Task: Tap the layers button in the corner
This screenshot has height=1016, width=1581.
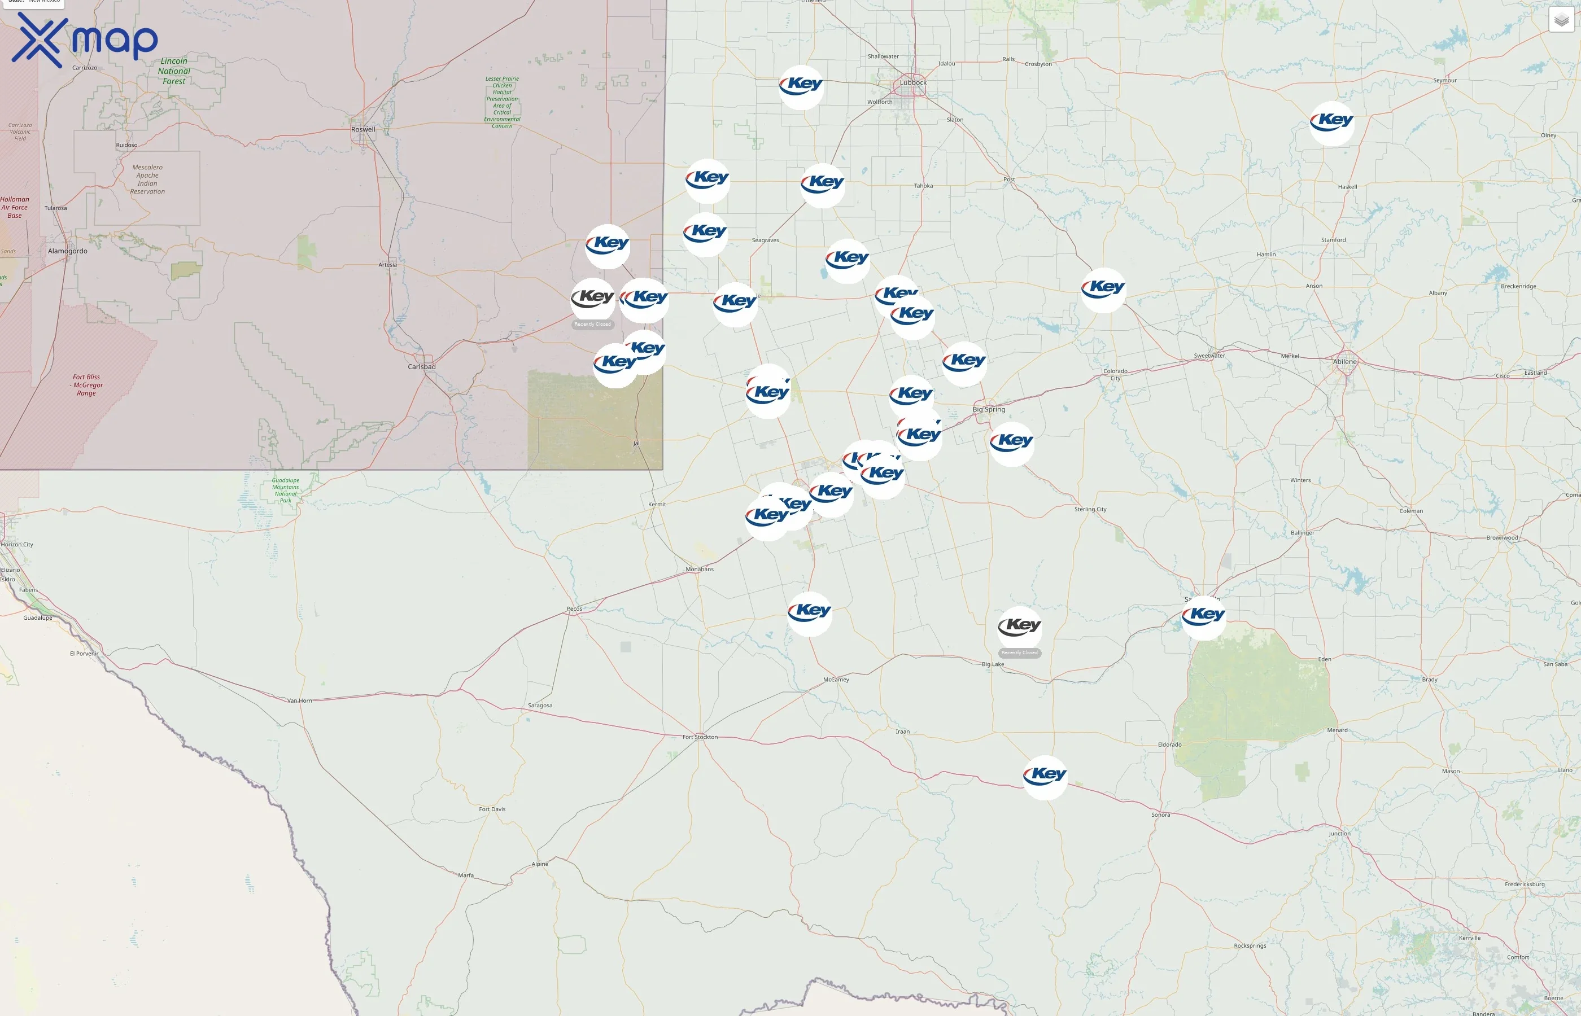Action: (x=1561, y=20)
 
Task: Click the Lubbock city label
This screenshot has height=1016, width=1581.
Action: (x=913, y=82)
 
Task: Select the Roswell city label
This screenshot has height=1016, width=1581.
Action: (x=363, y=129)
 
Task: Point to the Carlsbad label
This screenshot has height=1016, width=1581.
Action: (x=422, y=367)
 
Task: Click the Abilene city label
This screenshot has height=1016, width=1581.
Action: (x=1345, y=362)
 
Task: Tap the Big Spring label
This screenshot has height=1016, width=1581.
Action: (x=989, y=410)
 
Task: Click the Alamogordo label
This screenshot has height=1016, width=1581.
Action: (x=67, y=251)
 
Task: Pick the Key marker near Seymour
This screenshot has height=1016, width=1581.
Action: (x=1331, y=122)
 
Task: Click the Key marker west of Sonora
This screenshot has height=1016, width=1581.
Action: (x=1045, y=777)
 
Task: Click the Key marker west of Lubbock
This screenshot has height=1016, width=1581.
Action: (x=801, y=86)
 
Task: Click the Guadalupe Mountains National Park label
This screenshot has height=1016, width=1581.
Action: (x=286, y=490)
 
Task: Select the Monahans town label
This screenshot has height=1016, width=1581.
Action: (x=700, y=570)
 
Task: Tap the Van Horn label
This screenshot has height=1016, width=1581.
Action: (x=300, y=700)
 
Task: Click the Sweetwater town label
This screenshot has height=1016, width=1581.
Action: (x=1209, y=356)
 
